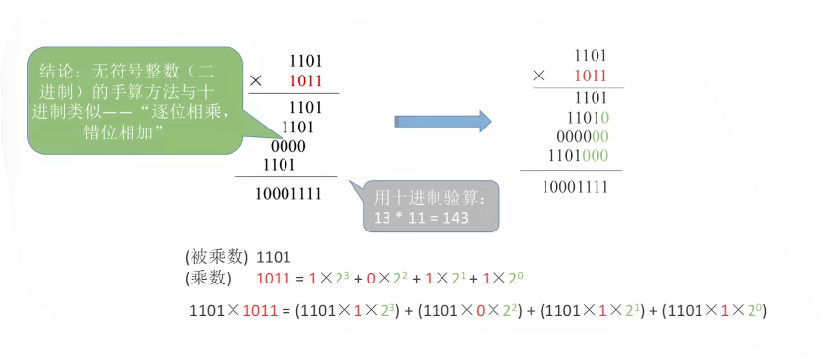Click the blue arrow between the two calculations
pos(443,122)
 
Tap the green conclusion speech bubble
pos(135,101)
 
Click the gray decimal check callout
pos(431,206)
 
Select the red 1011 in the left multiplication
pos(306,81)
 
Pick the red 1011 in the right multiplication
pos(591,76)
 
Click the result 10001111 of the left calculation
pos(288,194)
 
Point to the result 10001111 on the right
pos(575,187)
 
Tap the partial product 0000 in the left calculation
pos(288,146)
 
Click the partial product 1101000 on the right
pos(579,156)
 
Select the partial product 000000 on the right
pos(583,137)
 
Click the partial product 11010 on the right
pos(588,117)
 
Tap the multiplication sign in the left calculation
pos(256,81)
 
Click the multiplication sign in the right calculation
pos(539,76)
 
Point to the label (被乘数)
pos(217,257)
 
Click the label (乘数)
pos(208,278)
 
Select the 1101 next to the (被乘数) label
pos(274,258)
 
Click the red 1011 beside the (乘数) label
pos(274,278)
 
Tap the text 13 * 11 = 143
pos(421,218)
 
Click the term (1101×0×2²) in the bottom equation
pos(470,310)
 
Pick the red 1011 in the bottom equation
pos(260,311)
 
